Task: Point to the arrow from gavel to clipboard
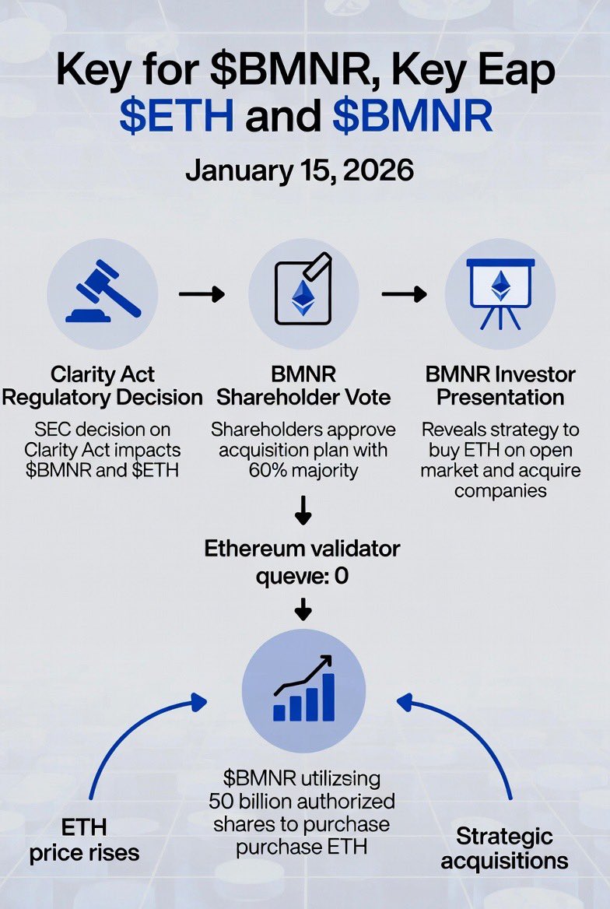pos(202,293)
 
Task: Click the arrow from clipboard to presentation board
pos(404,293)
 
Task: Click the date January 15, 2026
pos(300,170)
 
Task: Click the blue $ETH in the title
pos(177,117)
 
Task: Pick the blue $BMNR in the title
pos(412,117)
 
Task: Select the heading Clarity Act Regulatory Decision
pos(102,386)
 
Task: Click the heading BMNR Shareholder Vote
pos(303,386)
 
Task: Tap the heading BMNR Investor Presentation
pos(500,386)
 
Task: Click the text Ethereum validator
pos(302,549)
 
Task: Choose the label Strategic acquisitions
pos(504,848)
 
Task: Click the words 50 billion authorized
pos(302,801)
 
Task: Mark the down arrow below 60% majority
pos(303,512)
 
